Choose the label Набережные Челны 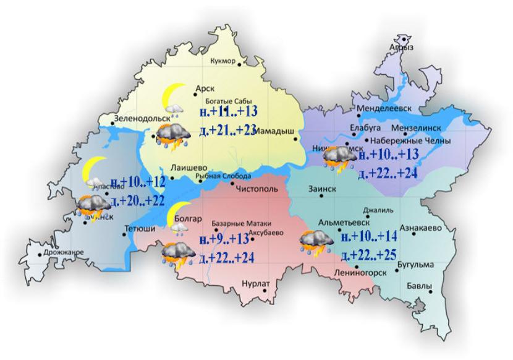pos(414,140)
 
